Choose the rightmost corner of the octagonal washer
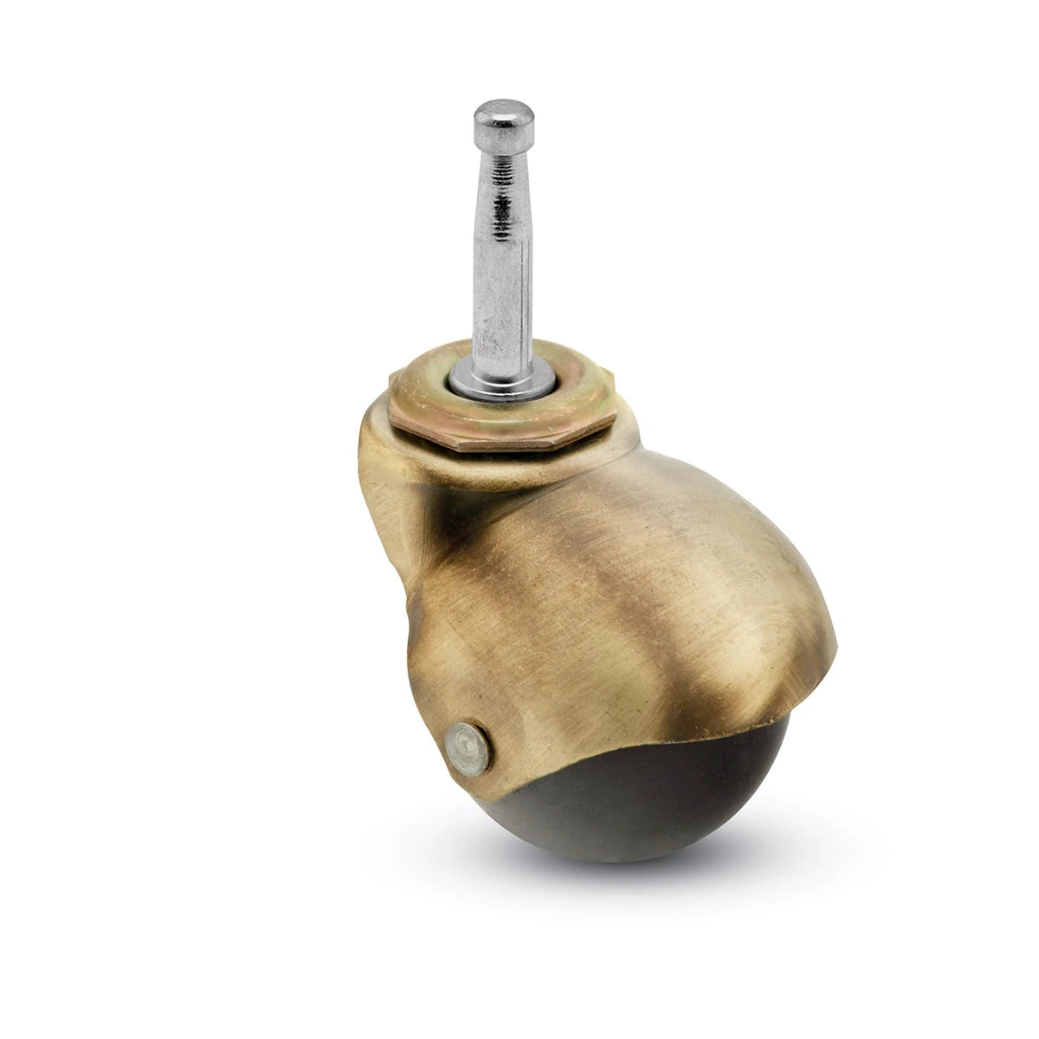(x=616, y=420)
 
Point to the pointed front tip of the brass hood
(x=836, y=645)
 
